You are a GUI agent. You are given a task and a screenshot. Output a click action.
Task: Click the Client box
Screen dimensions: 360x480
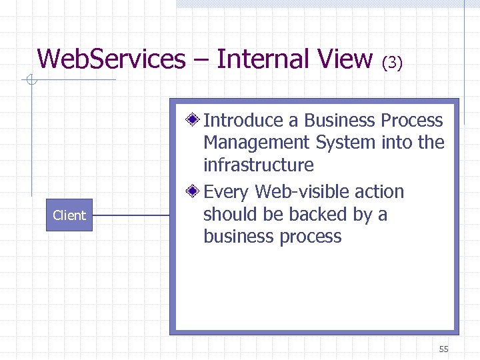coord(69,215)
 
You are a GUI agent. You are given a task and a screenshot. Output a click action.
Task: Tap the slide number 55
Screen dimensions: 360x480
coord(444,349)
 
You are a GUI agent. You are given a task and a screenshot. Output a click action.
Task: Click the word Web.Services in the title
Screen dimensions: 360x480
coord(111,59)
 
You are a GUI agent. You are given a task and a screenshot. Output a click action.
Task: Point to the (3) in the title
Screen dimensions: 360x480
coord(392,63)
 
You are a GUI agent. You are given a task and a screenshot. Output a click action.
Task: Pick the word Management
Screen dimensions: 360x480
coord(257,143)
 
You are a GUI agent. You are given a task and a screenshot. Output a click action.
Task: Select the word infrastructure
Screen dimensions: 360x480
coord(258,165)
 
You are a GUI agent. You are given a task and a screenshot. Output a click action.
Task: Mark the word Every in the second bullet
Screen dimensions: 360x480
coord(227,192)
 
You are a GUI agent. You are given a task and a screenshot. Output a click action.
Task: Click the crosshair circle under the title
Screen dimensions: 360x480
coord(30,81)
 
